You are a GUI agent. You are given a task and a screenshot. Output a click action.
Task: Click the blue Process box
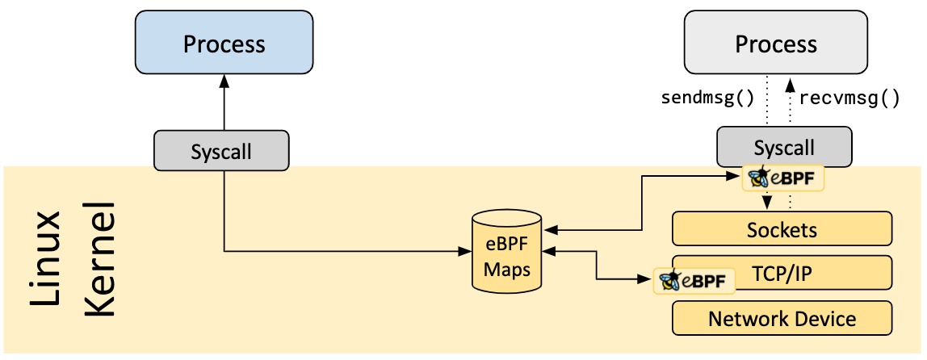coord(224,44)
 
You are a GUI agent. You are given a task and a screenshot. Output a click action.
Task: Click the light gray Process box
coord(775,44)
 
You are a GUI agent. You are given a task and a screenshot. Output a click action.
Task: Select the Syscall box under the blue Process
coord(221,151)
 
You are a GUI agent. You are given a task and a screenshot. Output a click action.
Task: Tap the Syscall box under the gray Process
coord(783,147)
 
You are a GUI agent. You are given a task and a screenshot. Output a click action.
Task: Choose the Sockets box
coord(782,228)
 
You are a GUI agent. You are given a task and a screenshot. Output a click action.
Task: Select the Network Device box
coord(782,318)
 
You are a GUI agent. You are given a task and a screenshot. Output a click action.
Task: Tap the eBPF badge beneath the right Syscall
coord(783,178)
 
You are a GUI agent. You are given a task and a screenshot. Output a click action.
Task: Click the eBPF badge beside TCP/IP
coord(695,280)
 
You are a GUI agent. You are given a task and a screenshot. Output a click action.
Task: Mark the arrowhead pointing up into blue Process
coord(224,84)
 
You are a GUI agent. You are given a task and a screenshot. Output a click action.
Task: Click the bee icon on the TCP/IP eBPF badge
coord(669,280)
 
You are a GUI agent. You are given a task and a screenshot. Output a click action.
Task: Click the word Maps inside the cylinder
coord(506,269)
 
